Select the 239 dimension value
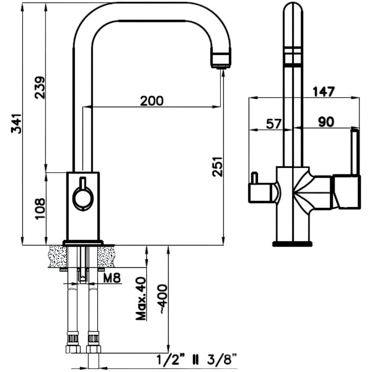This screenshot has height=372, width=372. coord(39,89)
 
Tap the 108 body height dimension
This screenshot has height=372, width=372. coord(39,208)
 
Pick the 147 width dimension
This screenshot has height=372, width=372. coord(322,92)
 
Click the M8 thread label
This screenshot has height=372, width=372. coord(112,277)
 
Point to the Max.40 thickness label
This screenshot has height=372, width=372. coord(141,298)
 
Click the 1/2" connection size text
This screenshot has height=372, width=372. coord(169,358)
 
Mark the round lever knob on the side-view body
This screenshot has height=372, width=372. coord(82,198)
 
